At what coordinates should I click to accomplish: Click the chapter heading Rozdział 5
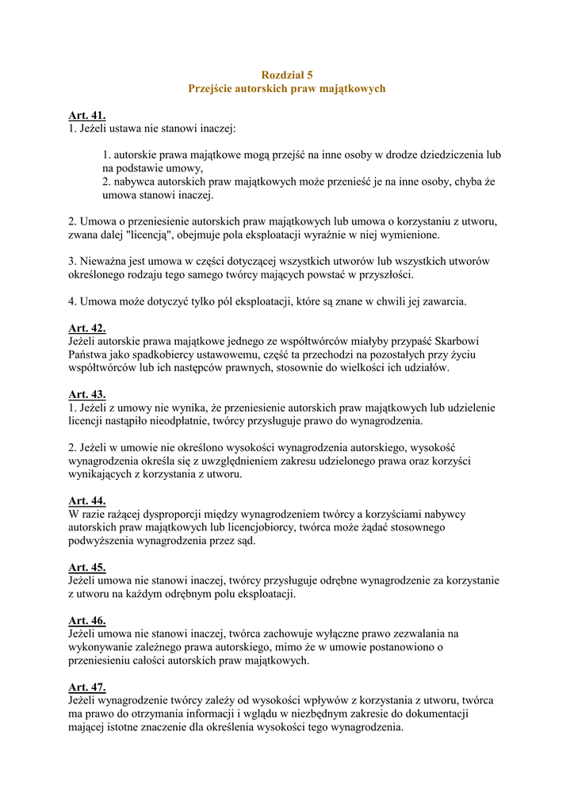tap(286, 74)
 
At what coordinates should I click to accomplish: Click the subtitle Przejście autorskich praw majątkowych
tap(286, 88)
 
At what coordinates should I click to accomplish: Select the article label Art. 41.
tap(86, 115)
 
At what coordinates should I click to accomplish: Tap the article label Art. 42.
tap(86, 327)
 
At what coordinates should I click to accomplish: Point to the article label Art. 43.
tap(86, 394)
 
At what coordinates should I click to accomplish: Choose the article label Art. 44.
tap(86, 500)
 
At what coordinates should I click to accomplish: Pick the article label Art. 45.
tap(86, 567)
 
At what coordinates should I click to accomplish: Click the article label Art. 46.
tap(86, 620)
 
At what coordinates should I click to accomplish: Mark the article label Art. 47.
tap(86, 687)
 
